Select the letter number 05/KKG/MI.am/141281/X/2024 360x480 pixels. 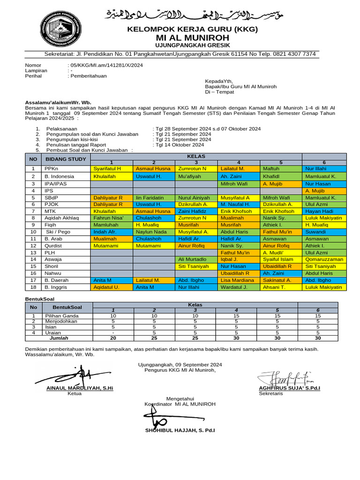click(106, 65)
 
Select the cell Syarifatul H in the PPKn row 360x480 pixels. click(107, 169)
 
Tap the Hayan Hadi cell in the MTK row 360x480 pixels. click(319, 211)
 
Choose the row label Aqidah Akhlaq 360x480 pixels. click(62, 218)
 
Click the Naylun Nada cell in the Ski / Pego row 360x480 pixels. click(151, 232)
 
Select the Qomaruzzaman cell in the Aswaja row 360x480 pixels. click(324, 259)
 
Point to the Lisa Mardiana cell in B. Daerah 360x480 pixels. click(237, 280)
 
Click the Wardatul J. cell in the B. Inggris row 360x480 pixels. click(234, 287)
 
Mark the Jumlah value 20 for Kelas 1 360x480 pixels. click(113, 337)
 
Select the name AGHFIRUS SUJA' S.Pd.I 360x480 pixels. click(289, 388)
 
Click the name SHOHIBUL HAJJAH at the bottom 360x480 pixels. click(180, 430)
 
